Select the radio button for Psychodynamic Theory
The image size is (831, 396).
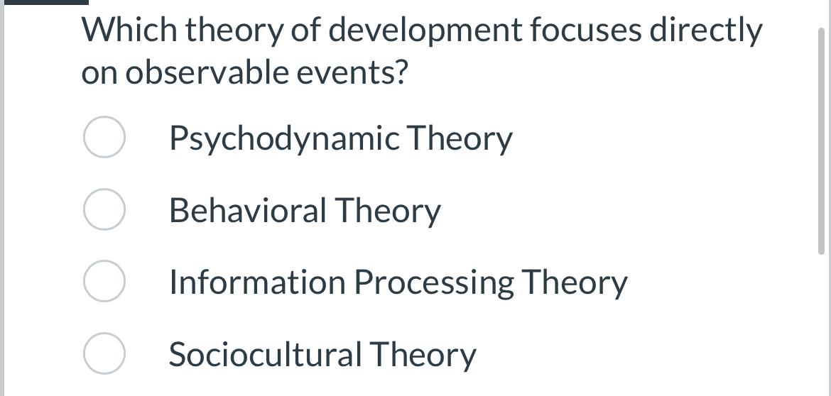pyautogui.click(x=104, y=138)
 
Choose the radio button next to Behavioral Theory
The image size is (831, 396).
pyautogui.click(x=104, y=210)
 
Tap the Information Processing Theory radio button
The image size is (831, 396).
pyautogui.click(x=104, y=282)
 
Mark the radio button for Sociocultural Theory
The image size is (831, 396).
pyautogui.click(x=104, y=353)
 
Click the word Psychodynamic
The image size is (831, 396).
pyautogui.click(x=284, y=139)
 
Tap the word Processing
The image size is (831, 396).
pyautogui.click(x=434, y=283)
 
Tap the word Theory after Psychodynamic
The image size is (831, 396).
pyautogui.click(x=459, y=139)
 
